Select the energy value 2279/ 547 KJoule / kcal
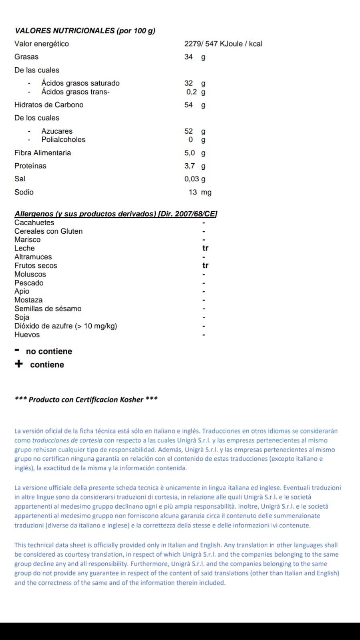tap(223, 44)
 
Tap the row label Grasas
tap(26, 57)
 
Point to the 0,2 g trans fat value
tap(195, 92)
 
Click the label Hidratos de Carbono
tap(49, 105)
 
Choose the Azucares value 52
tap(189, 131)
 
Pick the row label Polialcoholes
tap(63, 140)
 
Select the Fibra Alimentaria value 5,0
tap(190, 153)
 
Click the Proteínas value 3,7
tap(190, 166)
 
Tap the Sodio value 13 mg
tap(200, 192)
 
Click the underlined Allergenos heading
tap(116, 214)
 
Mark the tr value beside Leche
tap(205, 248)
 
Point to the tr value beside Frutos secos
tap(205, 265)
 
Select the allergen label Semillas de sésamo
tap(48, 309)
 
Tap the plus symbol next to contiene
tap(19, 364)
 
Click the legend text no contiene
tap(49, 351)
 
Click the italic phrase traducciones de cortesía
tap(67, 440)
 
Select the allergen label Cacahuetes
tap(34, 223)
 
